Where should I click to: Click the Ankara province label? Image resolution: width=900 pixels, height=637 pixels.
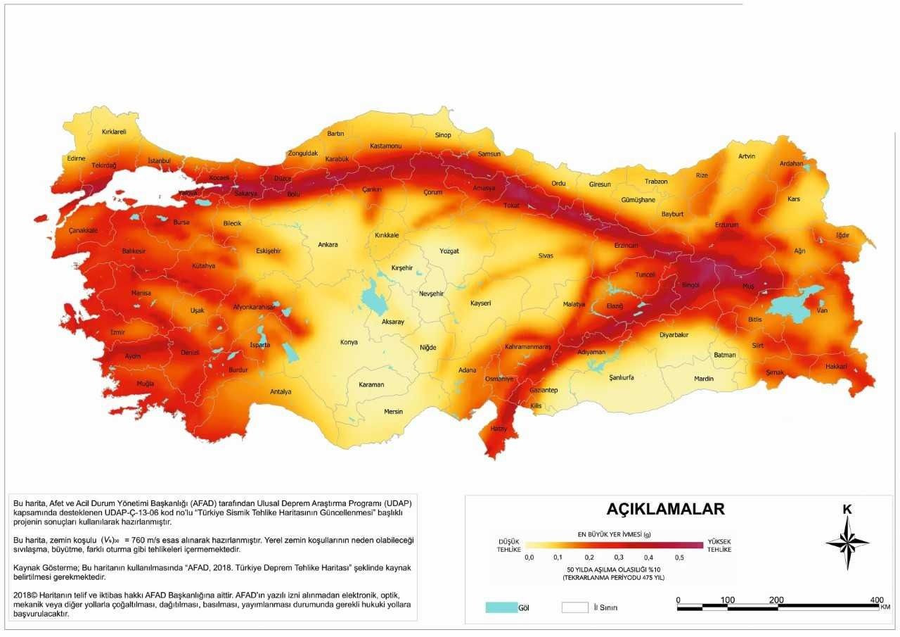(328, 245)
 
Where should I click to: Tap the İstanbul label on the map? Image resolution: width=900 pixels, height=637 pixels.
(160, 160)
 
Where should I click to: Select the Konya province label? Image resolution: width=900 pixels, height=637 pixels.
(348, 342)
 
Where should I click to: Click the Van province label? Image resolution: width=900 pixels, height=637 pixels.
(821, 310)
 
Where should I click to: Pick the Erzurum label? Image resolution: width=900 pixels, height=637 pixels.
(727, 225)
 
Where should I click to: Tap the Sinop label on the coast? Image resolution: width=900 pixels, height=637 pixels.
(443, 134)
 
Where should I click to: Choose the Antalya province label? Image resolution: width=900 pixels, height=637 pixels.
(281, 391)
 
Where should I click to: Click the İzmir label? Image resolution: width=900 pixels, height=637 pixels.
(118, 332)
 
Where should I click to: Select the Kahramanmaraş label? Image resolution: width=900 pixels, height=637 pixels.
(527, 347)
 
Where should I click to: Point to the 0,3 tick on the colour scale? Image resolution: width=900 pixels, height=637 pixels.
(619, 557)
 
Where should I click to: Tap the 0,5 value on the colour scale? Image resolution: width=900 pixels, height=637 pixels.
(679, 557)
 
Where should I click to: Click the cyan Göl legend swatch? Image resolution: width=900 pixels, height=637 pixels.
(500, 607)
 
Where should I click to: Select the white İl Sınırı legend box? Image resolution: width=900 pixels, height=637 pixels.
(574, 607)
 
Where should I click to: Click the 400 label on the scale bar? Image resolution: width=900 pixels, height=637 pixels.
(876, 600)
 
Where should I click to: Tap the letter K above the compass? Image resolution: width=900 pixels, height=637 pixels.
(847, 510)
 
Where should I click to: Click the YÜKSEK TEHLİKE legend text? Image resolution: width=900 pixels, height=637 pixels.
(719, 545)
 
